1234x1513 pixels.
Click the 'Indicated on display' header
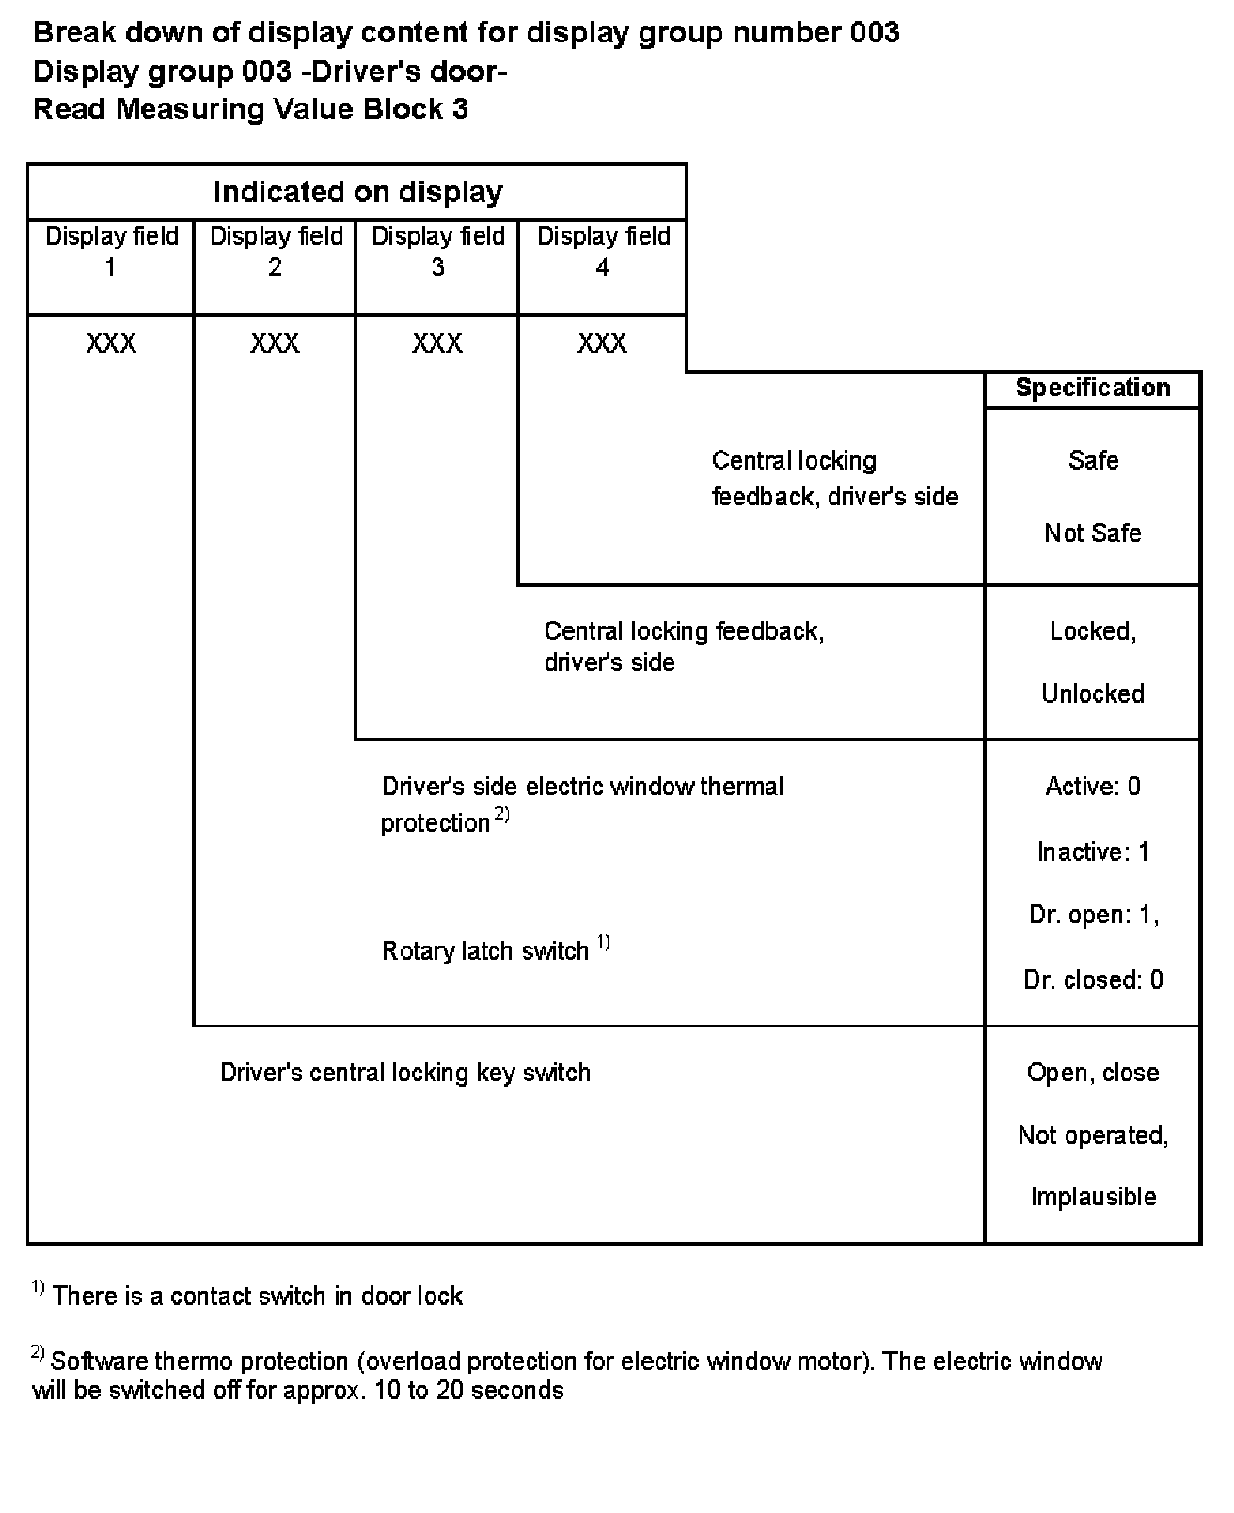357,192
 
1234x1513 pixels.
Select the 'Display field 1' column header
111,250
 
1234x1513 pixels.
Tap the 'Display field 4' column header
603,250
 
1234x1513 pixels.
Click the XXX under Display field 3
437,343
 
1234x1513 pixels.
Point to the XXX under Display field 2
275,343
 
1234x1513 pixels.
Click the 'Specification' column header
1093,389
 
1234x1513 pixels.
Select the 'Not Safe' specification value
1093,534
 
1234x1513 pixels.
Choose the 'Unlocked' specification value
1093,694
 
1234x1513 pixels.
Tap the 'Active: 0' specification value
1093,787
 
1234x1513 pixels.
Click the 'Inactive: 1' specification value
1093,852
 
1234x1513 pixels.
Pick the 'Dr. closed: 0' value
1093,980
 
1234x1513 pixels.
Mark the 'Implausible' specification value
1093,1197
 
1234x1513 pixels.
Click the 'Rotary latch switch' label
485,951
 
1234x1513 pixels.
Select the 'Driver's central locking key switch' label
405,1073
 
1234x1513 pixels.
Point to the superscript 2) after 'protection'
502,816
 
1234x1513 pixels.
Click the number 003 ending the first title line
874,33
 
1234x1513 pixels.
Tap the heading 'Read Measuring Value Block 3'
250,110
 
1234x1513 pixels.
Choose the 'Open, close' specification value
1093,1073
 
